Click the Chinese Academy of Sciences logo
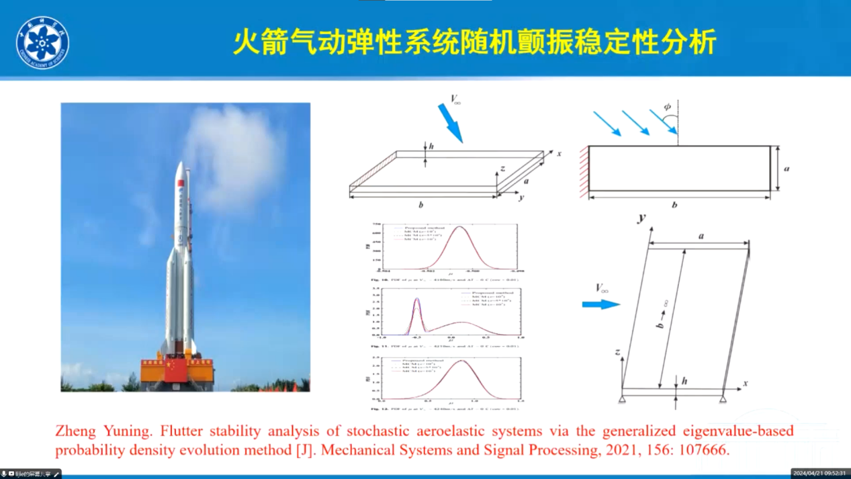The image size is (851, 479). tap(42, 43)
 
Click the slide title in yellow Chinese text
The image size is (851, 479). tap(475, 42)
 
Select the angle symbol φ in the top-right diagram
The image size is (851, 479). tap(667, 107)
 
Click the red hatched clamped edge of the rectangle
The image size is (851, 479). tap(584, 172)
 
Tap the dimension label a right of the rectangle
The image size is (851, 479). tap(787, 169)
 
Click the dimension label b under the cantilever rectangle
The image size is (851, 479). tap(674, 205)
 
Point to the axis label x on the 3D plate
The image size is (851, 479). tap(559, 153)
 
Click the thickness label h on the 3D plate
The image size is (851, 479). tap(432, 146)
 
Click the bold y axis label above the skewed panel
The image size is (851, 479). tap(642, 218)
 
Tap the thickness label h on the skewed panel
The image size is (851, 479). tap(684, 381)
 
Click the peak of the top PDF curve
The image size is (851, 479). tap(460, 227)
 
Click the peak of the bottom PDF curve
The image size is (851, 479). tap(462, 361)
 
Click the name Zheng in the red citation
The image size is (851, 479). tap(75, 431)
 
